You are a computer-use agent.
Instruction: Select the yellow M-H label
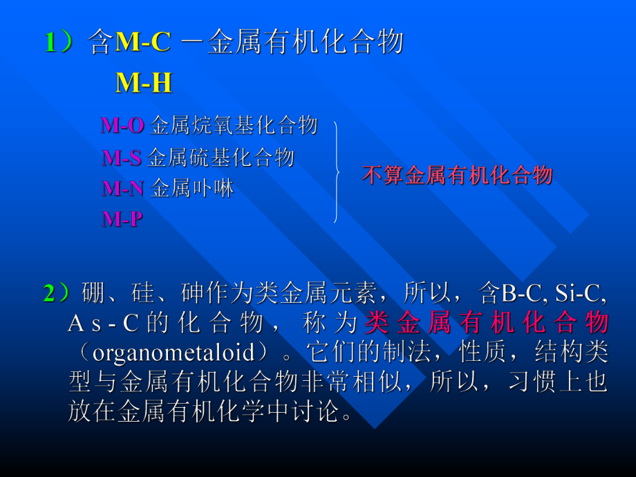pyautogui.click(x=143, y=83)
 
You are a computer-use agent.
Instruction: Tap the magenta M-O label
pyautogui.click(x=122, y=125)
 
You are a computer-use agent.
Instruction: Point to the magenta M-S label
pyautogui.click(x=122, y=158)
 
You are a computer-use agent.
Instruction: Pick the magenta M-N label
pyautogui.click(x=123, y=188)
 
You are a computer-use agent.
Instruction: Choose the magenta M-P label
pyautogui.click(x=122, y=219)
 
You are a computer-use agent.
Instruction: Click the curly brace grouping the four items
pyautogui.click(x=337, y=172)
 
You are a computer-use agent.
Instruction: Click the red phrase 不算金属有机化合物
pyautogui.click(x=457, y=175)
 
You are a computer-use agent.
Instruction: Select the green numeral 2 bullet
pyautogui.click(x=52, y=294)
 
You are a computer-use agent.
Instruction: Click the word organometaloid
pyautogui.click(x=174, y=352)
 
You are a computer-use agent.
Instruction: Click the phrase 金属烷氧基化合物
pyautogui.click(x=234, y=125)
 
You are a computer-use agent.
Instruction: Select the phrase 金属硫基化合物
pyautogui.click(x=221, y=158)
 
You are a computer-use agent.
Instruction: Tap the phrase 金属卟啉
pyautogui.click(x=192, y=188)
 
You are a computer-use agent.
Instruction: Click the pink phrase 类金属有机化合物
pyautogui.click(x=487, y=323)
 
